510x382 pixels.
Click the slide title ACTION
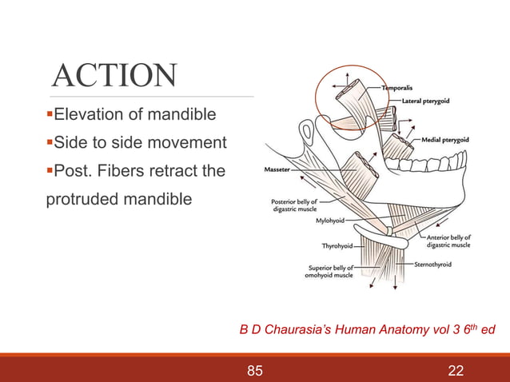114,76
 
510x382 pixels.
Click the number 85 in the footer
255,370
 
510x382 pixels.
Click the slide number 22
457,370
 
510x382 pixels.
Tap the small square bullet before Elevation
48,116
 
